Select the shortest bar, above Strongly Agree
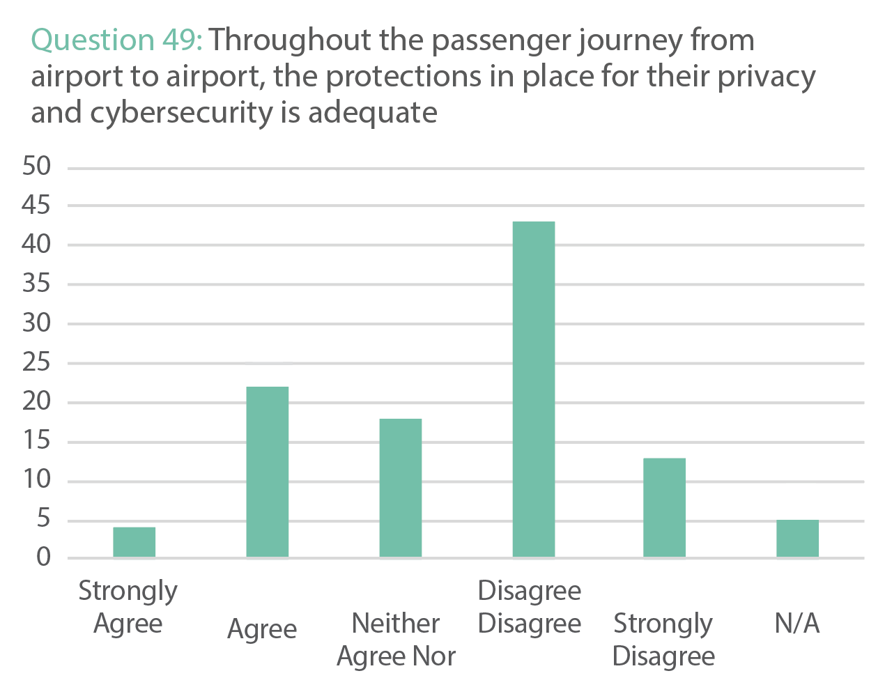click(134, 541)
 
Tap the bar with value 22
click(268, 471)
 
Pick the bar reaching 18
click(400, 487)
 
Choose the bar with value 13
click(664, 507)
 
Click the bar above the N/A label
click(797, 538)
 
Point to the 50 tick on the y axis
click(36, 167)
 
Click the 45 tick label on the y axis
click(36, 206)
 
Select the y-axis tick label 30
click(36, 323)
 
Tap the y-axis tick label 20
click(36, 402)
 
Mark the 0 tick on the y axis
click(43, 557)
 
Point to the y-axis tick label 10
click(36, 480)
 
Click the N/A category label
click(797, 624)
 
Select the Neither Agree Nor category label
click(396, 640)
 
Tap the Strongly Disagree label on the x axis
click(663, 640)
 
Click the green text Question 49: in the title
click(116, 40)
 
